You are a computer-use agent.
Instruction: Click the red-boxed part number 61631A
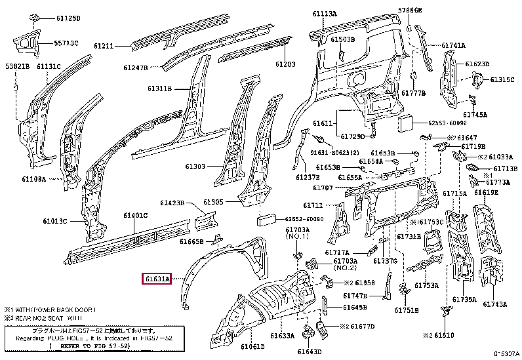point(157,279)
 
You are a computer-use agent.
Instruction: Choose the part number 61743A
point(496,304)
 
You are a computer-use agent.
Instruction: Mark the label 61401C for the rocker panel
point(136,216)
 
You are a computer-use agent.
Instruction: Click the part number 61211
point(104,46)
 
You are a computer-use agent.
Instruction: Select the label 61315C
point(502,79)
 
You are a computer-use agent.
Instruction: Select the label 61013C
point(56,221)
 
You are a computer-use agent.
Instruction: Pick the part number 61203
point(285,64)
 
